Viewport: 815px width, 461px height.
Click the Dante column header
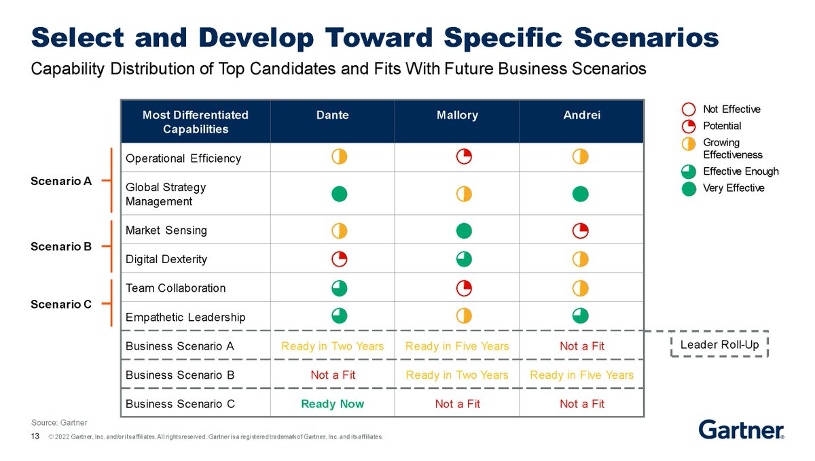(332, 116)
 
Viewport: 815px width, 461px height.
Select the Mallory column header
(457, 116)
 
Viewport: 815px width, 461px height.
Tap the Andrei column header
(581, 116)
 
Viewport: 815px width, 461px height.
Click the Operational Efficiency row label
(183, 158)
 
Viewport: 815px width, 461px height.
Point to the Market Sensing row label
(166, 230)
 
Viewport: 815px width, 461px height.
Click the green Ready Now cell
(332, 404)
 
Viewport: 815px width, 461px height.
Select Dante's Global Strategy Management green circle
(340, 194)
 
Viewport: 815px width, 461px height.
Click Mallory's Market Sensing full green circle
(464, 230)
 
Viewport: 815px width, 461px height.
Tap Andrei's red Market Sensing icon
(580, 230)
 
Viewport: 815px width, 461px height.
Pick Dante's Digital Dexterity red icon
(340, 259)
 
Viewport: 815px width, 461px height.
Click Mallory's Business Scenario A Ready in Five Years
(457, 346)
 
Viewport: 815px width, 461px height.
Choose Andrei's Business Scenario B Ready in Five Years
(581, 375)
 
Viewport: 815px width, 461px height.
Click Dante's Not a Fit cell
(332, 375)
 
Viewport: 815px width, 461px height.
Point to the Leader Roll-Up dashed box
(719, 345)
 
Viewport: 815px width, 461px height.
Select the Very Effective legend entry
(733, 188)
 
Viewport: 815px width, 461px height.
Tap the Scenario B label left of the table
(61, 247)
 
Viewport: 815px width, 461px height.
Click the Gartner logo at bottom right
(741, 429)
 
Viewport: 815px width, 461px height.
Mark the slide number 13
(36, 436)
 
